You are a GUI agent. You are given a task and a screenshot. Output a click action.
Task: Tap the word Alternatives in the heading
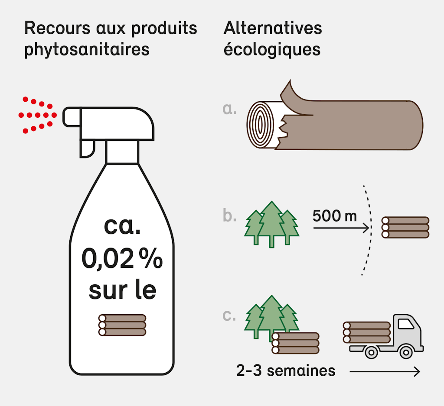tap(273, 28)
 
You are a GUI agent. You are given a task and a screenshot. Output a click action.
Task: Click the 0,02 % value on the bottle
tap(122, 258)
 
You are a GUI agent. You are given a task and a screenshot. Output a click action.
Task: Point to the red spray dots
tap(37, 115)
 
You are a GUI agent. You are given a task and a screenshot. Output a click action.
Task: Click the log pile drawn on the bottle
tap(122, 325)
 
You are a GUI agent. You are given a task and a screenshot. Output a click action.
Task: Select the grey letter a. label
tap(229, 109)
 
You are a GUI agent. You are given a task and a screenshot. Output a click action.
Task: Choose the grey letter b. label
tap(229, 216)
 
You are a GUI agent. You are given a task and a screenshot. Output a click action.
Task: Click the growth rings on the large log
tap(260, 125)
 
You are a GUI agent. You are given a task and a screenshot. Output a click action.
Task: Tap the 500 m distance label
tap(334, 216)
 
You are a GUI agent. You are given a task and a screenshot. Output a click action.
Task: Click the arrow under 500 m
tap(342, 228)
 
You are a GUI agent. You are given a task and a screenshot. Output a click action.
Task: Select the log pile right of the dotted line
tap(405, 228)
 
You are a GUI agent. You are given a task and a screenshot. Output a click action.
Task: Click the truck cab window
tap(406, 324)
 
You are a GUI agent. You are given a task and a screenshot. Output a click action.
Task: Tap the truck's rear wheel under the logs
tap(371, 353)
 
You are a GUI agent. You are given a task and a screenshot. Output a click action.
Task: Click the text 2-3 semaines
tap(286, 371)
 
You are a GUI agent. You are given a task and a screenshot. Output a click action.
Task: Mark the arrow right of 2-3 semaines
tap(385, 371)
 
